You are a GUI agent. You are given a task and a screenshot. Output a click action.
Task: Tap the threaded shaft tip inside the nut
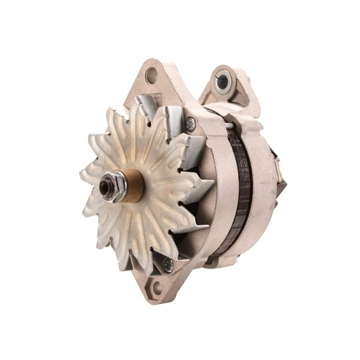point(109,187)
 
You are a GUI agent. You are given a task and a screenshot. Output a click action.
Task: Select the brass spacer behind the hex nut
point(133,186)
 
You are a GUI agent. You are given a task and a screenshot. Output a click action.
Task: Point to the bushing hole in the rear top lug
point(222,82)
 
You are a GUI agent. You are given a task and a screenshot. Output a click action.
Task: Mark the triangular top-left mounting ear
point(148,80)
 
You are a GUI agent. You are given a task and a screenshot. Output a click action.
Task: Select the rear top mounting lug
point(228,87)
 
